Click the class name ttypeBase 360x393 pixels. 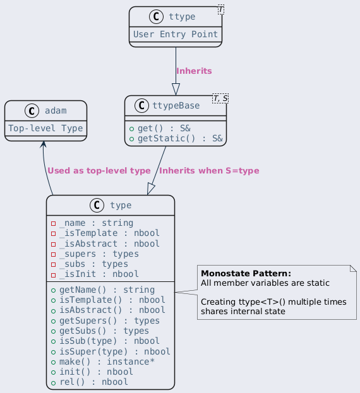tap(176, 105)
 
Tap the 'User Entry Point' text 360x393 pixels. tap(176, 34)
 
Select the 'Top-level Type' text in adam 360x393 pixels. tap(45, 128)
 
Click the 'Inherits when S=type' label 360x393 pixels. tap(209, 170)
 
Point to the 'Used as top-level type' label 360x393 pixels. tap(99, 170)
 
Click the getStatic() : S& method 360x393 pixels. tap(180, 138)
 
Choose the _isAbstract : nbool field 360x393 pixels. tap(109, 243)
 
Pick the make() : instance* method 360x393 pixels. tap(107, 361)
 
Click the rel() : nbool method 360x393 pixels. tap(93, 382)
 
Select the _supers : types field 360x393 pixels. tap(99, 254)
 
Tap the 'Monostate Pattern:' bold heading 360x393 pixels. tap(246, 273)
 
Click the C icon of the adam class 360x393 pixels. tap(32, 110)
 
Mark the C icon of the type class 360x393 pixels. tap(97, 205)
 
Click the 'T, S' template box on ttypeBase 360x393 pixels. tap(220, 98)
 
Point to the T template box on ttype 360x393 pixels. tap(221, 9)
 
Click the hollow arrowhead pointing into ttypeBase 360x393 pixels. tap(176, 90)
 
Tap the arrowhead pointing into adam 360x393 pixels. tap(44, 144)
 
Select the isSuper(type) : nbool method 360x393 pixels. tap(115, 351)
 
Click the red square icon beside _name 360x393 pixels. tap(53, 223)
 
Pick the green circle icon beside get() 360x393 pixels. tap(131, 129)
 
